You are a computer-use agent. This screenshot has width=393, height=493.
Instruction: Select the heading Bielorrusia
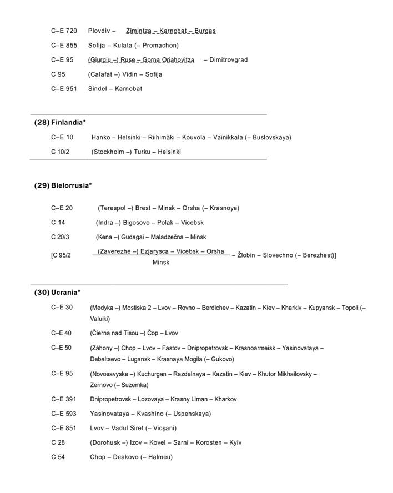[70, 185]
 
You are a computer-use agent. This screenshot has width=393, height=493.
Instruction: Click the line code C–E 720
[64, 31]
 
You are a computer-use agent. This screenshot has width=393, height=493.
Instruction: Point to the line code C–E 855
[64, 45]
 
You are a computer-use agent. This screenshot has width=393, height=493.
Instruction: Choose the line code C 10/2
[61, 152]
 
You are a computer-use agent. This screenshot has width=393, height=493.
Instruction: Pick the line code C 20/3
[61, 237]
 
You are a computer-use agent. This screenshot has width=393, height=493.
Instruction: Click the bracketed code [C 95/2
[61, 255]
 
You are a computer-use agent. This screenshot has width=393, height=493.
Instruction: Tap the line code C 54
[58, 457]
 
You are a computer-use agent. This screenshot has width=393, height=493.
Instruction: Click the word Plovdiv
[99, 31]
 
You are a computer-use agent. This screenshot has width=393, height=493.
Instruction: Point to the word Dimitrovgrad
[229, 59]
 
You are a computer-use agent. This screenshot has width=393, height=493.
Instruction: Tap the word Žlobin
[246, 255]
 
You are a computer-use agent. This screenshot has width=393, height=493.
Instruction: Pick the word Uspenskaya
[192, 414]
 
